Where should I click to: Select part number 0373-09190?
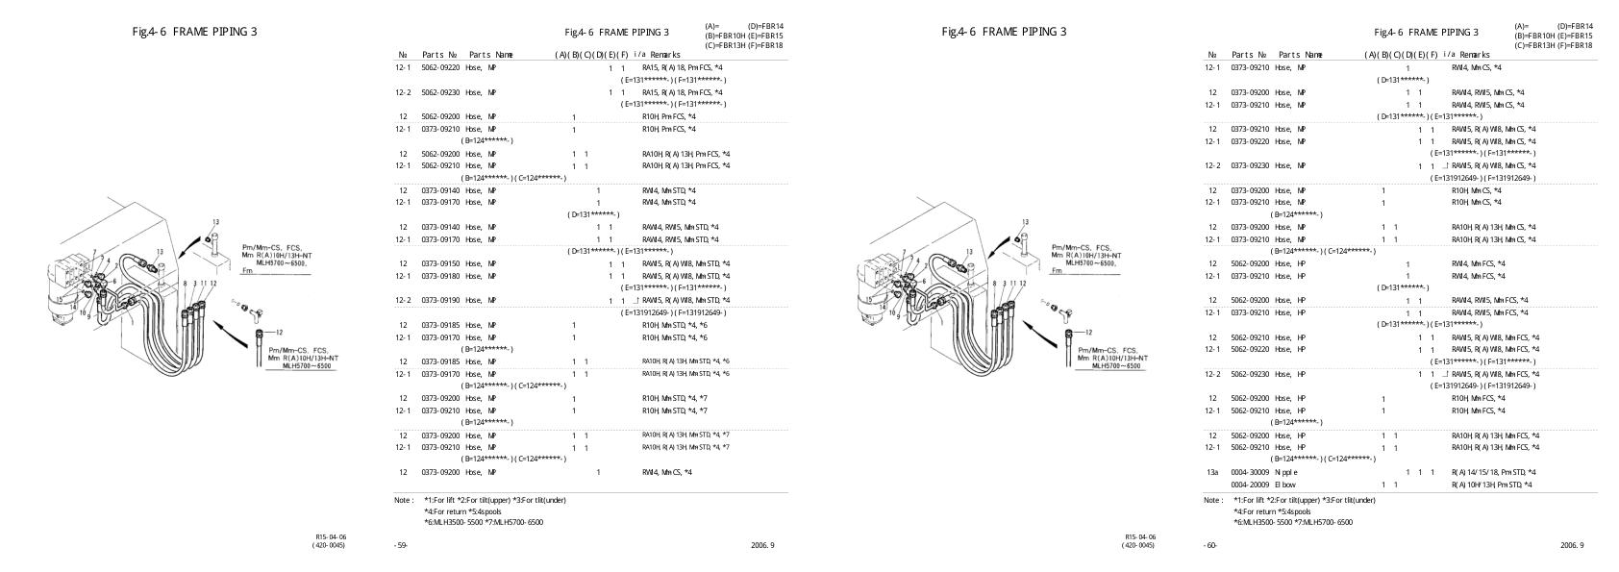(441, 300)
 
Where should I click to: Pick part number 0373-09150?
(441, 263)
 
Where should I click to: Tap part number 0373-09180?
(441, 276)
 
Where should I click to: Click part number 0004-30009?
(1251, 472)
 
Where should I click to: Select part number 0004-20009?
(1251, 485)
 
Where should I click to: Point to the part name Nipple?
(1286, 472)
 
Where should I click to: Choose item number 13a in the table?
(1212, 472)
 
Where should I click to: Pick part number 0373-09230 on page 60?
(1251, 165)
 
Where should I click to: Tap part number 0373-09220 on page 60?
(1251, 141)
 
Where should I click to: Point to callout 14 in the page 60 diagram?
(872, 304)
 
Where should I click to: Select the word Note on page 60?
(1213, 500)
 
